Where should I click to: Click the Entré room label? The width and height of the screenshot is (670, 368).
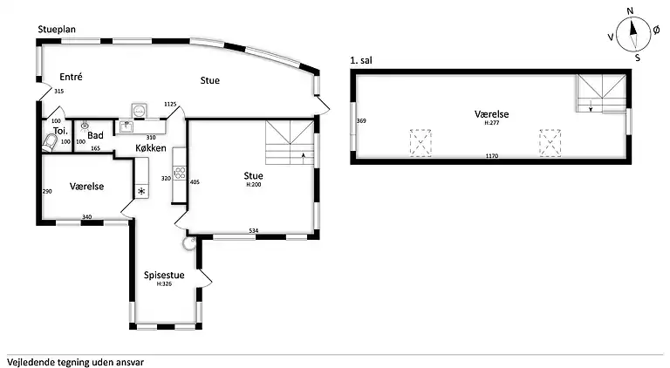pyautogui.click(x=71, y=77)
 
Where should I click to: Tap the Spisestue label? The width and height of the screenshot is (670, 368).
pyautogui.click(x=164, y=275)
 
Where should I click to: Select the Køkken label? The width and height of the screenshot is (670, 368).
pyautogui.click(x=150, y=148)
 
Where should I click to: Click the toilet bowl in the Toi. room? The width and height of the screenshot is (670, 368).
pyautogui.click(x=50, y=143)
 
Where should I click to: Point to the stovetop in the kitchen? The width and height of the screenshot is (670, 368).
pyautogui.click(x=180, y=173)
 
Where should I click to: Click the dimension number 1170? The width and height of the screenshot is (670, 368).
pyautogui.click(x=492, y=156)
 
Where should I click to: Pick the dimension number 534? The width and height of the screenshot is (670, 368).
pyautogui.click(x=254, y=230)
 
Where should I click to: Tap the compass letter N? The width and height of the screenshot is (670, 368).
pyautogui.click(x=630, y=11)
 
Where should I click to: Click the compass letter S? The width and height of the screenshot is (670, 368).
pyautogui.click(x=638, y=58)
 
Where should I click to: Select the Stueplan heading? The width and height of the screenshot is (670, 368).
pyautogui.click(x=57, y=30)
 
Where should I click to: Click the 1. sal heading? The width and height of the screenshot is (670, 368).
pyautogui.click(x=361, y=61)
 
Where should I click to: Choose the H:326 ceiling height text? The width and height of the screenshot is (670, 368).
pyautogui.click(x=164, y=283)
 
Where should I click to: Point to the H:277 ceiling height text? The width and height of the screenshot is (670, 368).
pyautogui.click(x=492, y=123)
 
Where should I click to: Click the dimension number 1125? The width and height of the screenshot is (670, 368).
pyautogui.click(x=170, y=104)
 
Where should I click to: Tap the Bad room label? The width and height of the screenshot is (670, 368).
pyautogui.click(x=95, y=135)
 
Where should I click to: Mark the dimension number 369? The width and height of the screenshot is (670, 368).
pyautogui.click(x=361, y=121)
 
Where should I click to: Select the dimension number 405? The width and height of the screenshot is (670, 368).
pyautogui.click(x=195, y=182)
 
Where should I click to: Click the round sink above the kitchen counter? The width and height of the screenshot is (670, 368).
pyautogui.click(x=140, y=111)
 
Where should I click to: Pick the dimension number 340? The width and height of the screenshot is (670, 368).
pyautogui.click(x=86, y=217)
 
